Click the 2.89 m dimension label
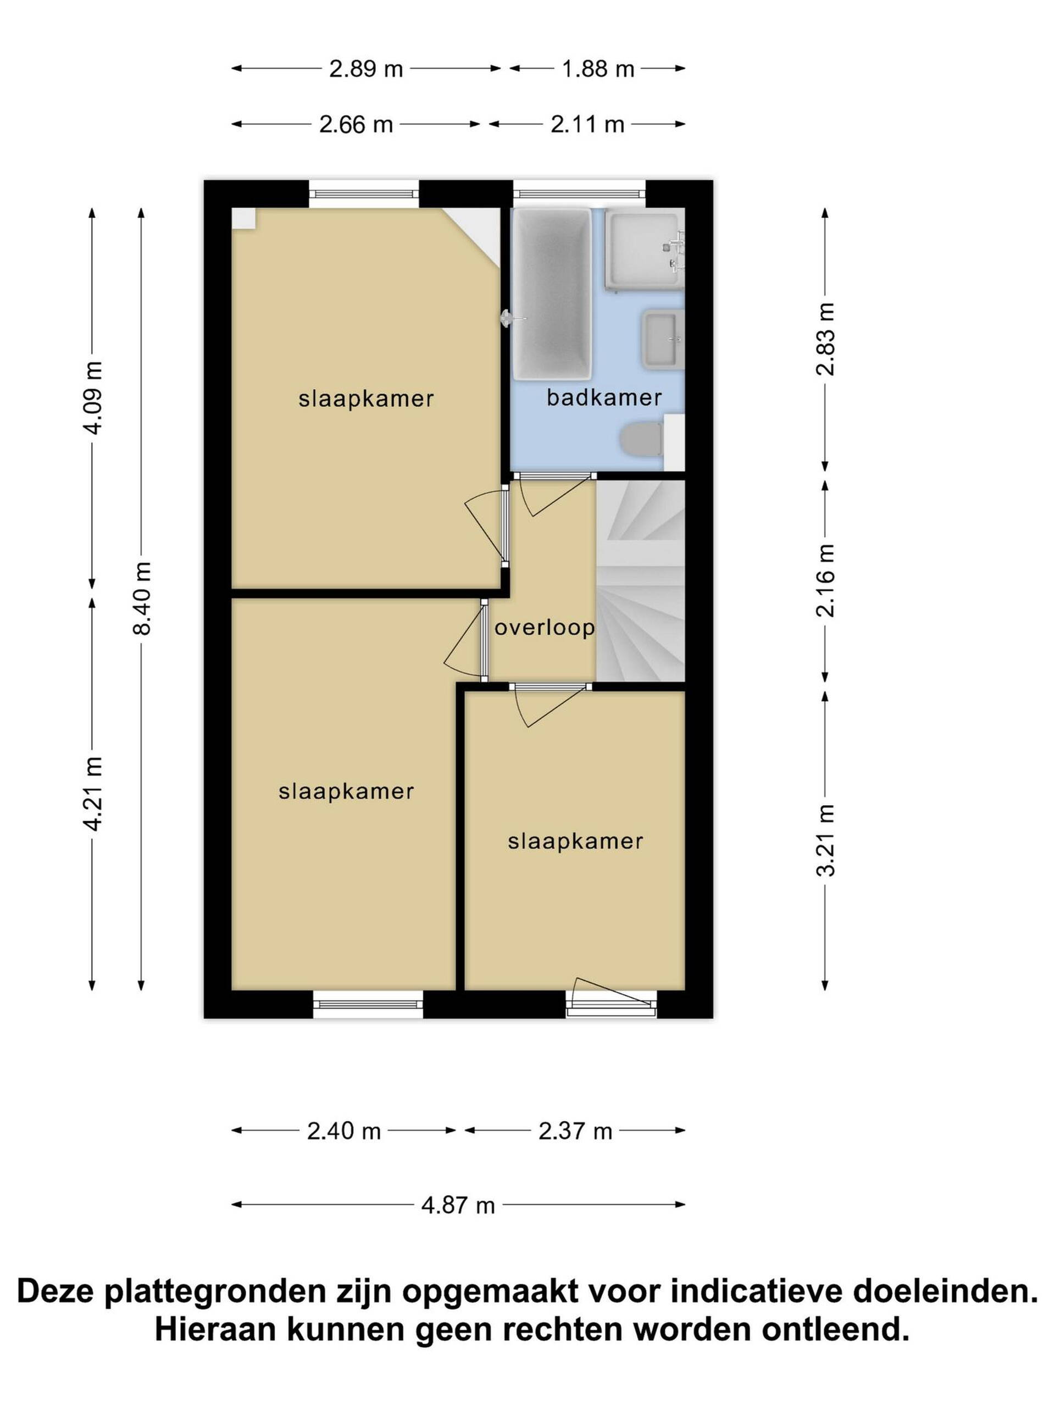pyautogui.click(x=365, y=69)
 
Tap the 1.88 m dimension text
pyautogui.click(x=598, y=69)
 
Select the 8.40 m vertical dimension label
pyautogui.click(x=142, y=598)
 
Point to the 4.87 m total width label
pyautogui.click(x=458, y=1205)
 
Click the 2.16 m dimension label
pyautogui.click(x=825, y=580)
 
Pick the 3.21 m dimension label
pyautogui.click(x=825, y=840)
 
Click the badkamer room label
pyautogui.click(x=604, y=398)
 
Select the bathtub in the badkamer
pyautogui.click(x=552, y=295)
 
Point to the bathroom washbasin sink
pyautogui.click(x=664, y=340)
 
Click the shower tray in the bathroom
pyautogui.click(x=643, y=251)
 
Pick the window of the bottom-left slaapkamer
pyautogui.click(x=368, y=1004)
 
